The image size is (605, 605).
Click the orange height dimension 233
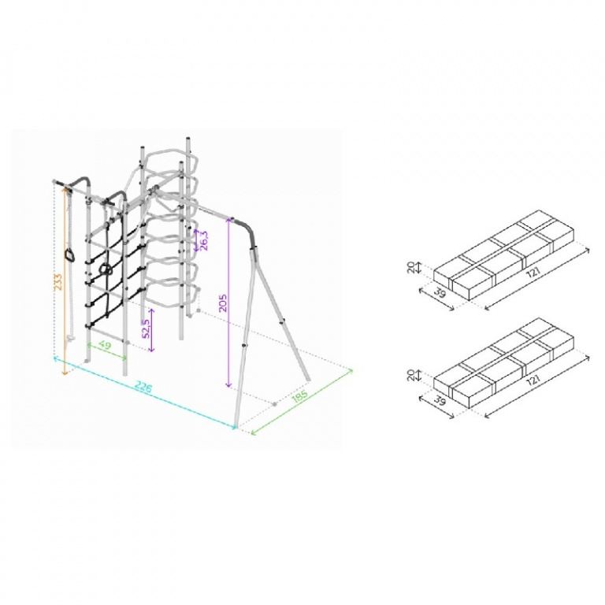(58, 283)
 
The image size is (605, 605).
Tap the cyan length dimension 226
(143, 387)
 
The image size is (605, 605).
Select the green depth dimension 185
(300, 396)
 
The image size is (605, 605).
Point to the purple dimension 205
(223, 302)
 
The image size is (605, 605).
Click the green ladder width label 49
(105, 345)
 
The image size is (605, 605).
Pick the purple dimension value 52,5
(147, 328)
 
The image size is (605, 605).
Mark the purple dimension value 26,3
(203, 241)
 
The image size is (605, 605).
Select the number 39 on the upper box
(440, 293)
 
